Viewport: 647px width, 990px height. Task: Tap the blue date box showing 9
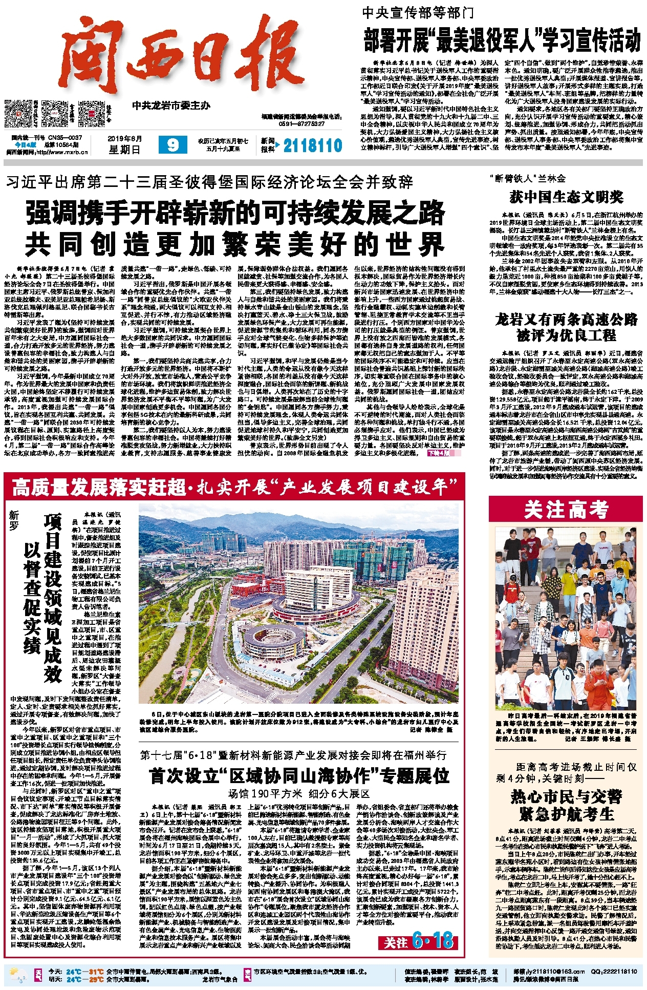[x=172, y=145]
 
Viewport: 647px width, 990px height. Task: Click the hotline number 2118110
[x=312, y=146]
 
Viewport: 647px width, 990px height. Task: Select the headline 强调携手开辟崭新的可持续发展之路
[x=235, y=213]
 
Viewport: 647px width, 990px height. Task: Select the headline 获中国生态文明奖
[x=566, y=196]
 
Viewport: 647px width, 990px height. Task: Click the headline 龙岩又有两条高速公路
[x=566, y=320]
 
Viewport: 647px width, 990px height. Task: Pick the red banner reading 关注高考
[x=566, y=510]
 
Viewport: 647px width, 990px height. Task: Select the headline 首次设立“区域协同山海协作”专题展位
[x=299, y=776]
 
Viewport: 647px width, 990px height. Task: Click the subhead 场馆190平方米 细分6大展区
[x=299, y=794]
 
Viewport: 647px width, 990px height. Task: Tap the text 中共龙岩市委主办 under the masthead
[x=171, y=106]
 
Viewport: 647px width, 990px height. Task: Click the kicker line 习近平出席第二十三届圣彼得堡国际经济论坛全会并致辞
[x=210, y=182]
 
